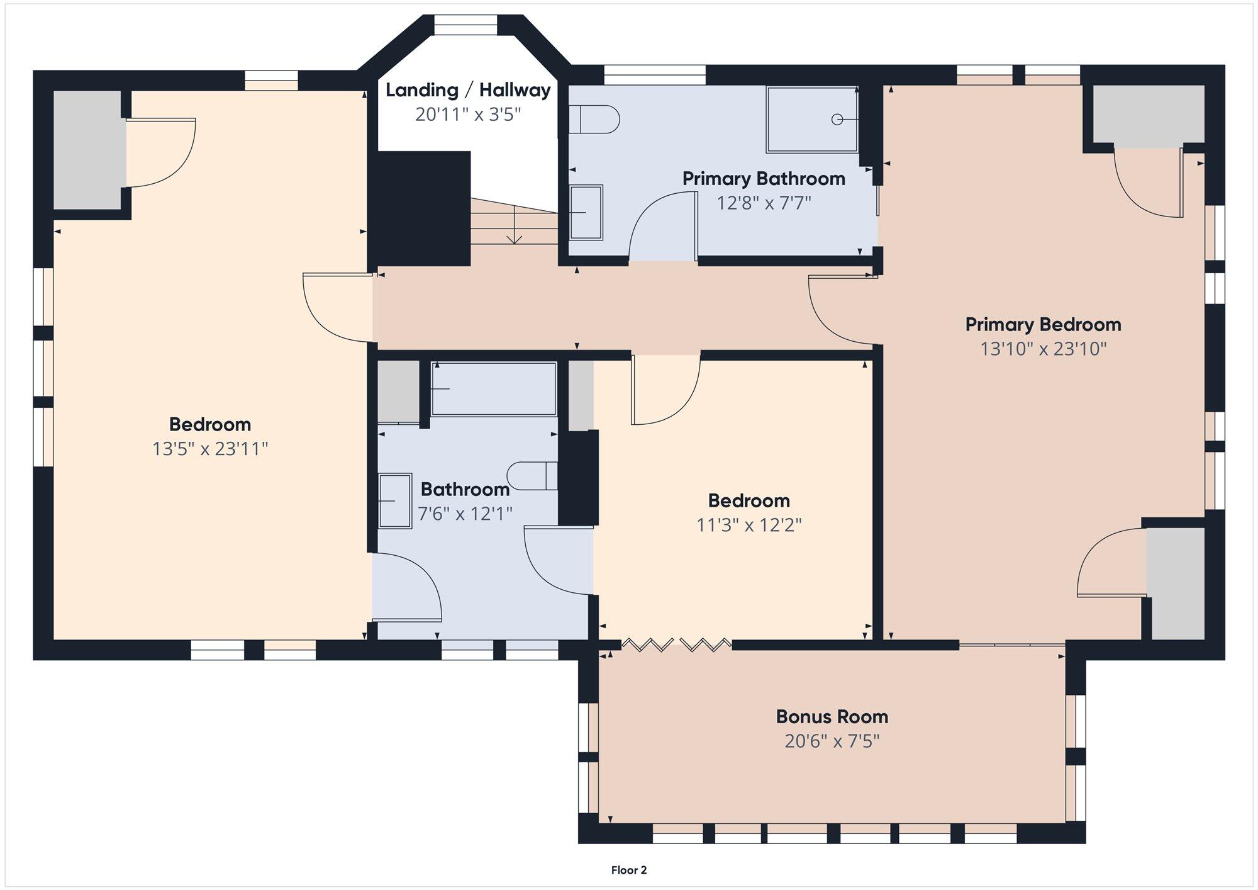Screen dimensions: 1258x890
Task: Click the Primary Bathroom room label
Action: [x=764, y=179]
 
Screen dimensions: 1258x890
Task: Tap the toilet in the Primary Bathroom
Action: [x=594, y=119]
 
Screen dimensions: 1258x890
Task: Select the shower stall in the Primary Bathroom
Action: [x=812, y=120]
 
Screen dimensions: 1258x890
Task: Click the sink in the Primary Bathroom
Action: [x=586, y=213]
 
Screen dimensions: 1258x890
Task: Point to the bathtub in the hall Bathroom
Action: [x=494, y=389]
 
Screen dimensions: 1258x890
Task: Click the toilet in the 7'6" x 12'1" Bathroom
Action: [x=532, y=476]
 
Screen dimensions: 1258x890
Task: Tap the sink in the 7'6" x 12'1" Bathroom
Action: [x=395, y=501]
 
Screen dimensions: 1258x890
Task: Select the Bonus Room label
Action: [x=832, y=717]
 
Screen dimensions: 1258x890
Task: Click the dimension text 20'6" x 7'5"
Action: [x=832, y=741]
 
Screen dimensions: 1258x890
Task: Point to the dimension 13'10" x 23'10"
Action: [x=1043, y=349]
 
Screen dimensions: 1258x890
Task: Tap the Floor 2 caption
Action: [x=629, y=870]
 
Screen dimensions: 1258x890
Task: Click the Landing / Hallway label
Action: [x=468, y=91]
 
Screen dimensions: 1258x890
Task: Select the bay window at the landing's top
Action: [x=466, y=25]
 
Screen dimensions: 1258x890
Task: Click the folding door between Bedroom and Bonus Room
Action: [x=676, y=645]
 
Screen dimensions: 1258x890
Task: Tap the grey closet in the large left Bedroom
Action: [x=87, y=150]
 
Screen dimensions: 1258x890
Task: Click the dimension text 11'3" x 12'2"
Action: [x=749, y=526]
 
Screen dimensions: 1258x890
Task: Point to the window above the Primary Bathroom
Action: [x=655, y=75]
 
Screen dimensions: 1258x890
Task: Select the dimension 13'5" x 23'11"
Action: [x=210, y=449]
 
